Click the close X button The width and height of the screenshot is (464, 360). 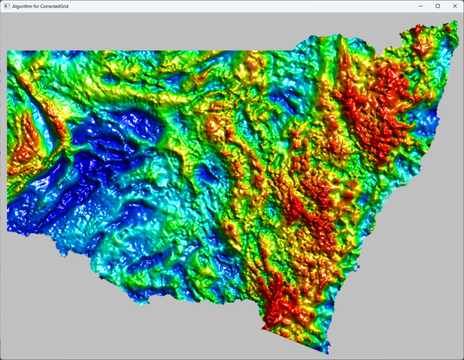coord(454,6)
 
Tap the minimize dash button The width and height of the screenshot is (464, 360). coord(421,6)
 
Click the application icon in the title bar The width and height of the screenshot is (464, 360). coord(7,6)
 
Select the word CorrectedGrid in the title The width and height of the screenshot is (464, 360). coord(54,6)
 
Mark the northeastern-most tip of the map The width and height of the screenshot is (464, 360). coord(456,21)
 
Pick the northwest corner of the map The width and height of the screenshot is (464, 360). coord(8,51)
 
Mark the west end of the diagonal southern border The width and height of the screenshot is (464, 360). coord(262,330)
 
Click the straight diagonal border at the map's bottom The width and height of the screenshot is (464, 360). coord(295,342)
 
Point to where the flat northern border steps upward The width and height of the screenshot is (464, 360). coord(295,48)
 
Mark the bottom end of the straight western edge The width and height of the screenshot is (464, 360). coord(8,231)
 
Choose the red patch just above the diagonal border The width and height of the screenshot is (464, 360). coord(276,312)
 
